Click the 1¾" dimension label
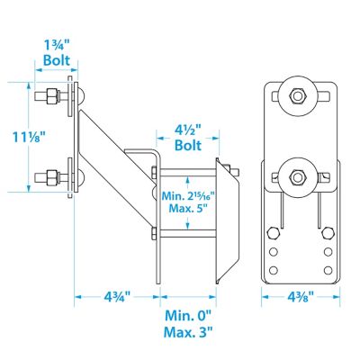[x=57, y=45]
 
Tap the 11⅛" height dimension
[x=29, y=138]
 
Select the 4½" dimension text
[x=188, y=131]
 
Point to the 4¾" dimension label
[x=117, y=297]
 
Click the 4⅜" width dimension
[x=301, y=297]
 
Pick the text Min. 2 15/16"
[x=188, y=196]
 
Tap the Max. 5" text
[x=188, y=208]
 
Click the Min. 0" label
[x=188, y=315]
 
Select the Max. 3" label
[x=188, y=332]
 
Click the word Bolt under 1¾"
[x=57, y=60]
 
